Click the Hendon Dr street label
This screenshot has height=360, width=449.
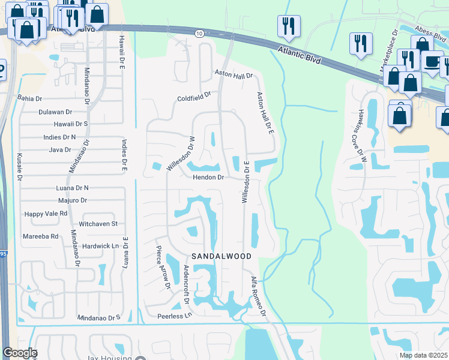[x=208, y=178]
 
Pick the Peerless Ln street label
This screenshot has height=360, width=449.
[x=174, y=316]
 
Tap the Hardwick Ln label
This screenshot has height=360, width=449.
[x=100, y=246]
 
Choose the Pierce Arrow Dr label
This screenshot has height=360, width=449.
[x=163, y=267]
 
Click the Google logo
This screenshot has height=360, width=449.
[x=20, y=353]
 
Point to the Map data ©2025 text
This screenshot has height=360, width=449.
[x=423, y=355]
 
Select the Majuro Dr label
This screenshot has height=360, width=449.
[x=71, y=200]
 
